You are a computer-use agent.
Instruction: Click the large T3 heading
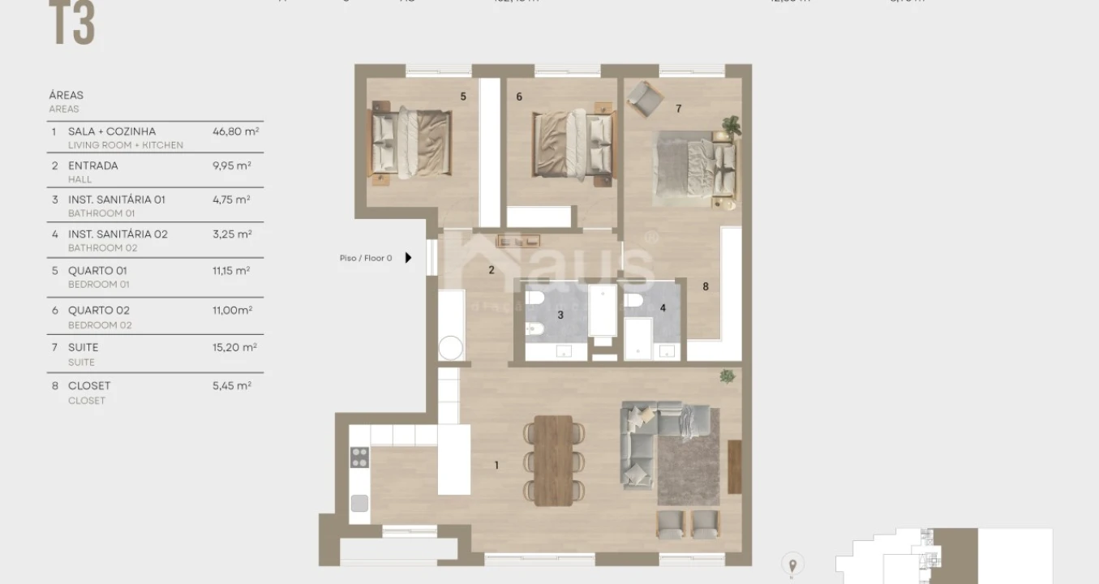coord(72,24)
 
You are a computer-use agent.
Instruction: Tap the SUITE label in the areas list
coord(83,347)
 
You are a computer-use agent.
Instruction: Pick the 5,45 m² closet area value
coord(231,386)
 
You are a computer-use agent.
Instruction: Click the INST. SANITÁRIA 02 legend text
coord(118,234)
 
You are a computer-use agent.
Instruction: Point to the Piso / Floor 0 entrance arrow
coord(408,258)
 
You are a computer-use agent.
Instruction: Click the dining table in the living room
coord(553,460)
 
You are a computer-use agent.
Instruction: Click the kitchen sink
coord(358,503)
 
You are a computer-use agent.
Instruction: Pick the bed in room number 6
coord(572,144)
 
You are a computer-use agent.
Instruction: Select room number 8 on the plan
coord(706,286)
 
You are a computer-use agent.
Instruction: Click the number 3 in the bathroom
coord(560,315)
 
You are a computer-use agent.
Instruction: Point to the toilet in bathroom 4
coord(635,301)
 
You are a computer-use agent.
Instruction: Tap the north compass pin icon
coord(792,564)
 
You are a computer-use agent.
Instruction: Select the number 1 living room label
coord(496,466)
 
